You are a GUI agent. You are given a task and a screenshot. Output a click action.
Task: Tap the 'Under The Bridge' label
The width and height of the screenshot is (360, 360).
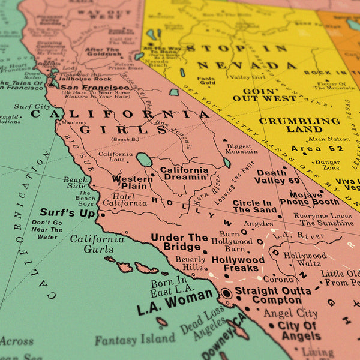coord(179,242)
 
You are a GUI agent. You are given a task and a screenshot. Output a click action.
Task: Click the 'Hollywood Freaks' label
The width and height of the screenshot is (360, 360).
coord(238,264)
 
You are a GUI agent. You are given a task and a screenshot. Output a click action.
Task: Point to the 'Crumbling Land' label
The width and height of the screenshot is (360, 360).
coord(299,125)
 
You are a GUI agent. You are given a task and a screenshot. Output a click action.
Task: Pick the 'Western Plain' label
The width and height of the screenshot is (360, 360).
coord(133,182)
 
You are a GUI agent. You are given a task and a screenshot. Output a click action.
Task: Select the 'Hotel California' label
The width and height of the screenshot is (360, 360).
coord(125,199)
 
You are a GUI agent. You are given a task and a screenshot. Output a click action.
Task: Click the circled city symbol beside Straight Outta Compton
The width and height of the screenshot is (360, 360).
coord(227,293)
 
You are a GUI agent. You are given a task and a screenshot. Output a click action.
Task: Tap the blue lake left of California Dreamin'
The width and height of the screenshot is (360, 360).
coord(144,160)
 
